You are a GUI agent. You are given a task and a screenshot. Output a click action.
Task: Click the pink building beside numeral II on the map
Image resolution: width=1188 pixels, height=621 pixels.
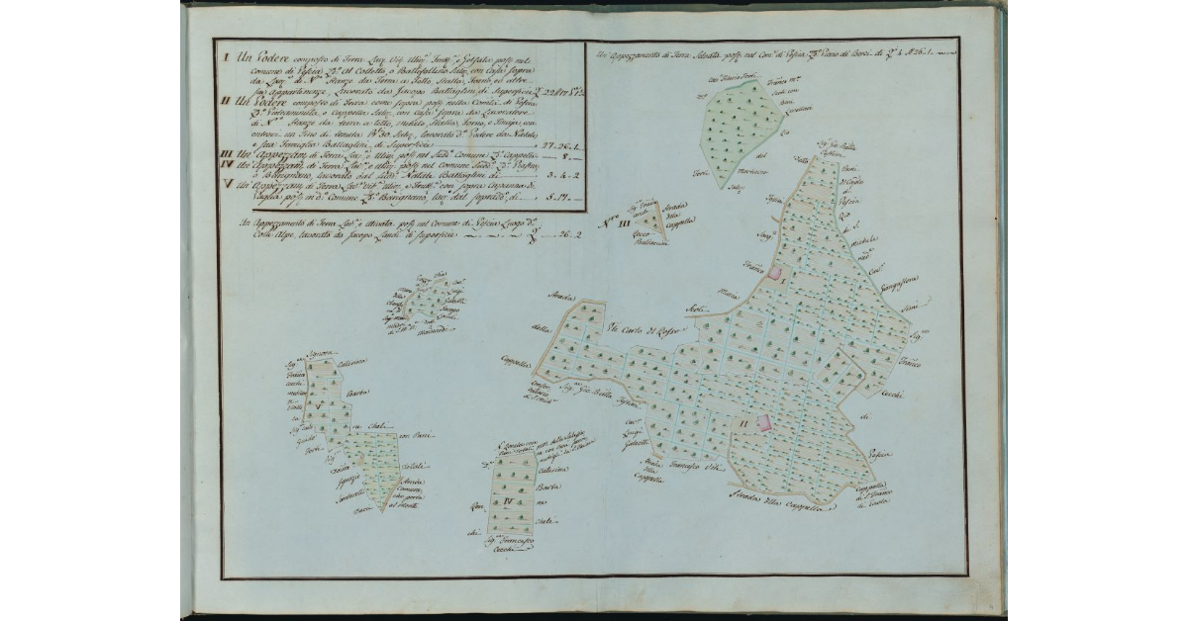pos(764,422)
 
